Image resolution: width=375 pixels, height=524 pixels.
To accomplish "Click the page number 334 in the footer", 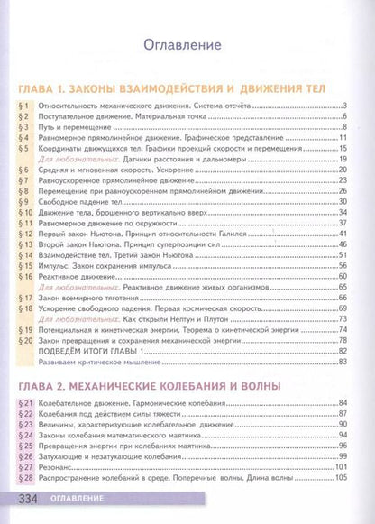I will click(29, 499).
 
